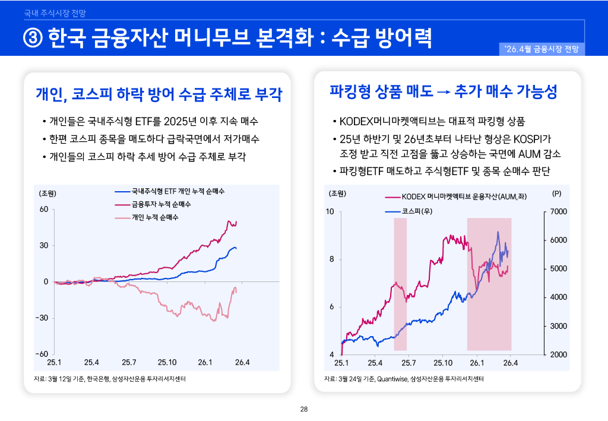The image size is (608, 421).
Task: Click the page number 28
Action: click(304, 409)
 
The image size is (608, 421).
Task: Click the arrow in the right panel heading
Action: click(444, 92)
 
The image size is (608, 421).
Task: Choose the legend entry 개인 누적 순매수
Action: click(155, 217)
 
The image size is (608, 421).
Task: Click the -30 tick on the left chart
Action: click(42, 318)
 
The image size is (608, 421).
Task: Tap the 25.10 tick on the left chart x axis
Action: click(167, 362)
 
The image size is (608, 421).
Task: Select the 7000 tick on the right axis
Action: click(560, 212)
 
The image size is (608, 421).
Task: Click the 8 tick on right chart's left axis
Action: click(331, 259)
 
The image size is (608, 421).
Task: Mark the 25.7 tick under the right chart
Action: click(409, 362)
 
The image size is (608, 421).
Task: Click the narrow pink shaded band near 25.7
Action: click(400, 284)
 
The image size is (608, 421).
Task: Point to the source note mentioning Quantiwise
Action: click(404, 378)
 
